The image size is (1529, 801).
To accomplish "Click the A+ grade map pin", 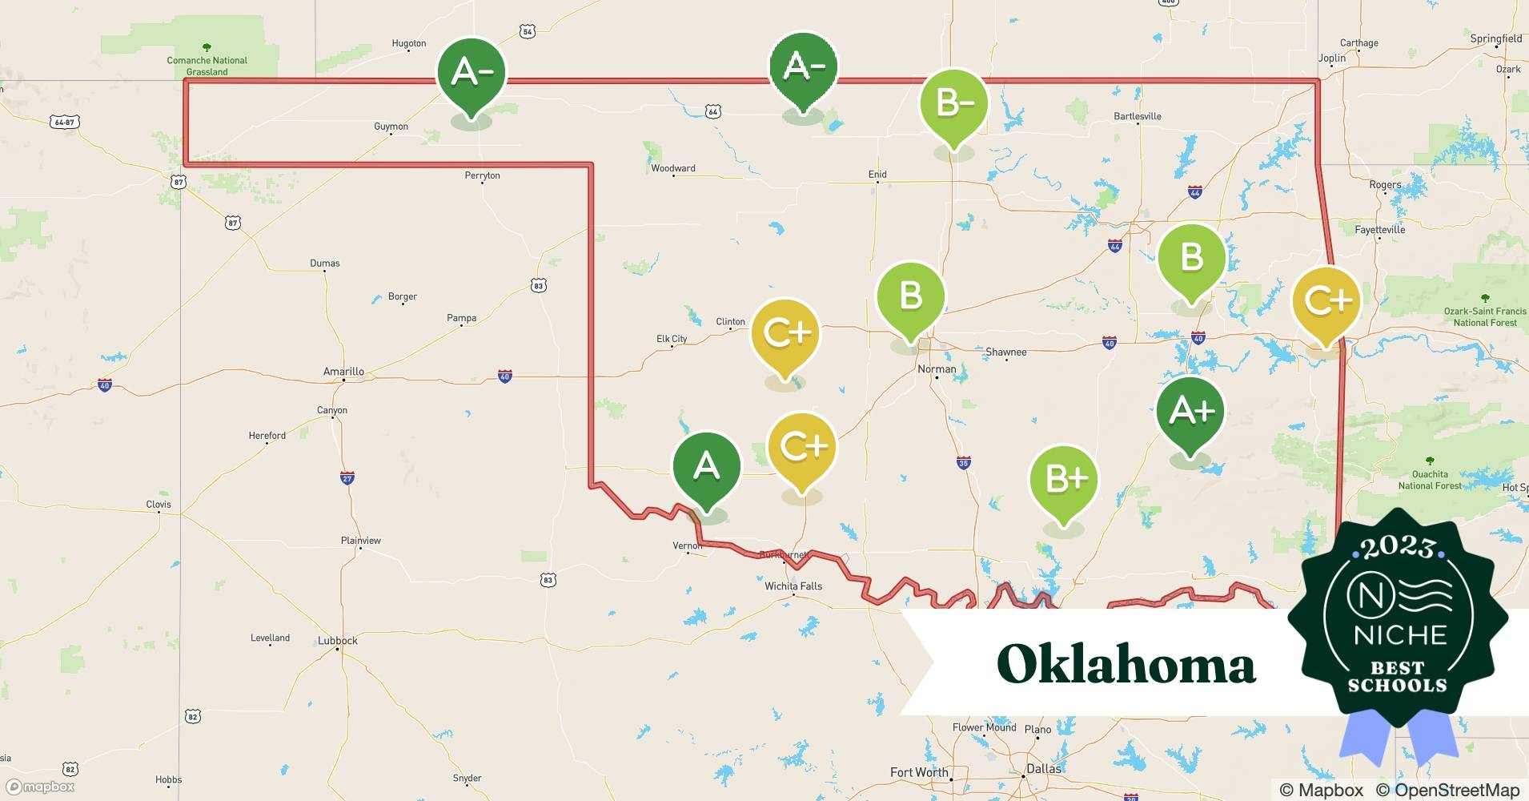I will pos(1190,412).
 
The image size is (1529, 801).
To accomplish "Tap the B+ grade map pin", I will pos(1063,480).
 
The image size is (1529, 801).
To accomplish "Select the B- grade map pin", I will pos(953,103).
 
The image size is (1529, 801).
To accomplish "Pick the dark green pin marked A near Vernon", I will pos(706,466).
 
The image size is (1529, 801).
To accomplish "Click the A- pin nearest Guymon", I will pos(472,73).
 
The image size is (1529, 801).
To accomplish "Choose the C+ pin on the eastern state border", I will pos(1326,301).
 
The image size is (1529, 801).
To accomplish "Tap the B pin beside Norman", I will pos(911,296).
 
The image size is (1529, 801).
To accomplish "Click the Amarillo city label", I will pos(343,372).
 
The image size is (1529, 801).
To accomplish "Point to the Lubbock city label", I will pos(338,641).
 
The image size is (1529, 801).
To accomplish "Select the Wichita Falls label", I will pos(793,586).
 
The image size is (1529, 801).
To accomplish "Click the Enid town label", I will pos(877,174).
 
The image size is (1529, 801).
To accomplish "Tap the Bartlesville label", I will pos(1138,116).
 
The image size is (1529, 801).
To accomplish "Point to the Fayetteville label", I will pos(1380,230).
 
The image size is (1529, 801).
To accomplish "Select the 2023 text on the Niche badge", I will pos(1398,548).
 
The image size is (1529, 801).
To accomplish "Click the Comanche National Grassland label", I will pos(207,66).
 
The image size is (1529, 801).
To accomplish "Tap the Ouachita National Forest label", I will pos(1430,480).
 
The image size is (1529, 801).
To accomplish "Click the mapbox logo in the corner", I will pos(41,787).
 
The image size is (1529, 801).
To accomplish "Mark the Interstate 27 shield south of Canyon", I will pos(347,478).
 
